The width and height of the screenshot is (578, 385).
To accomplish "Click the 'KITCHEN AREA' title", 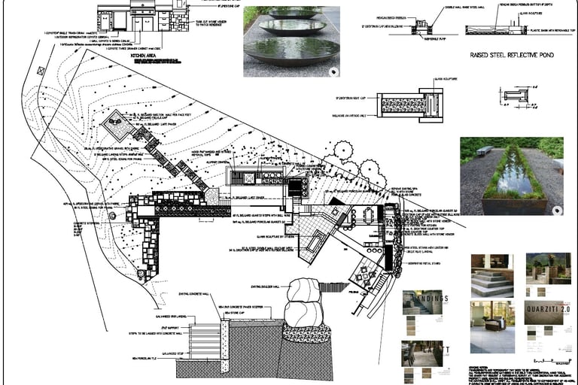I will (x=148, y=56).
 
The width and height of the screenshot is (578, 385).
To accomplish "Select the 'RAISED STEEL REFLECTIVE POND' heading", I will (x=501, y=55).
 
